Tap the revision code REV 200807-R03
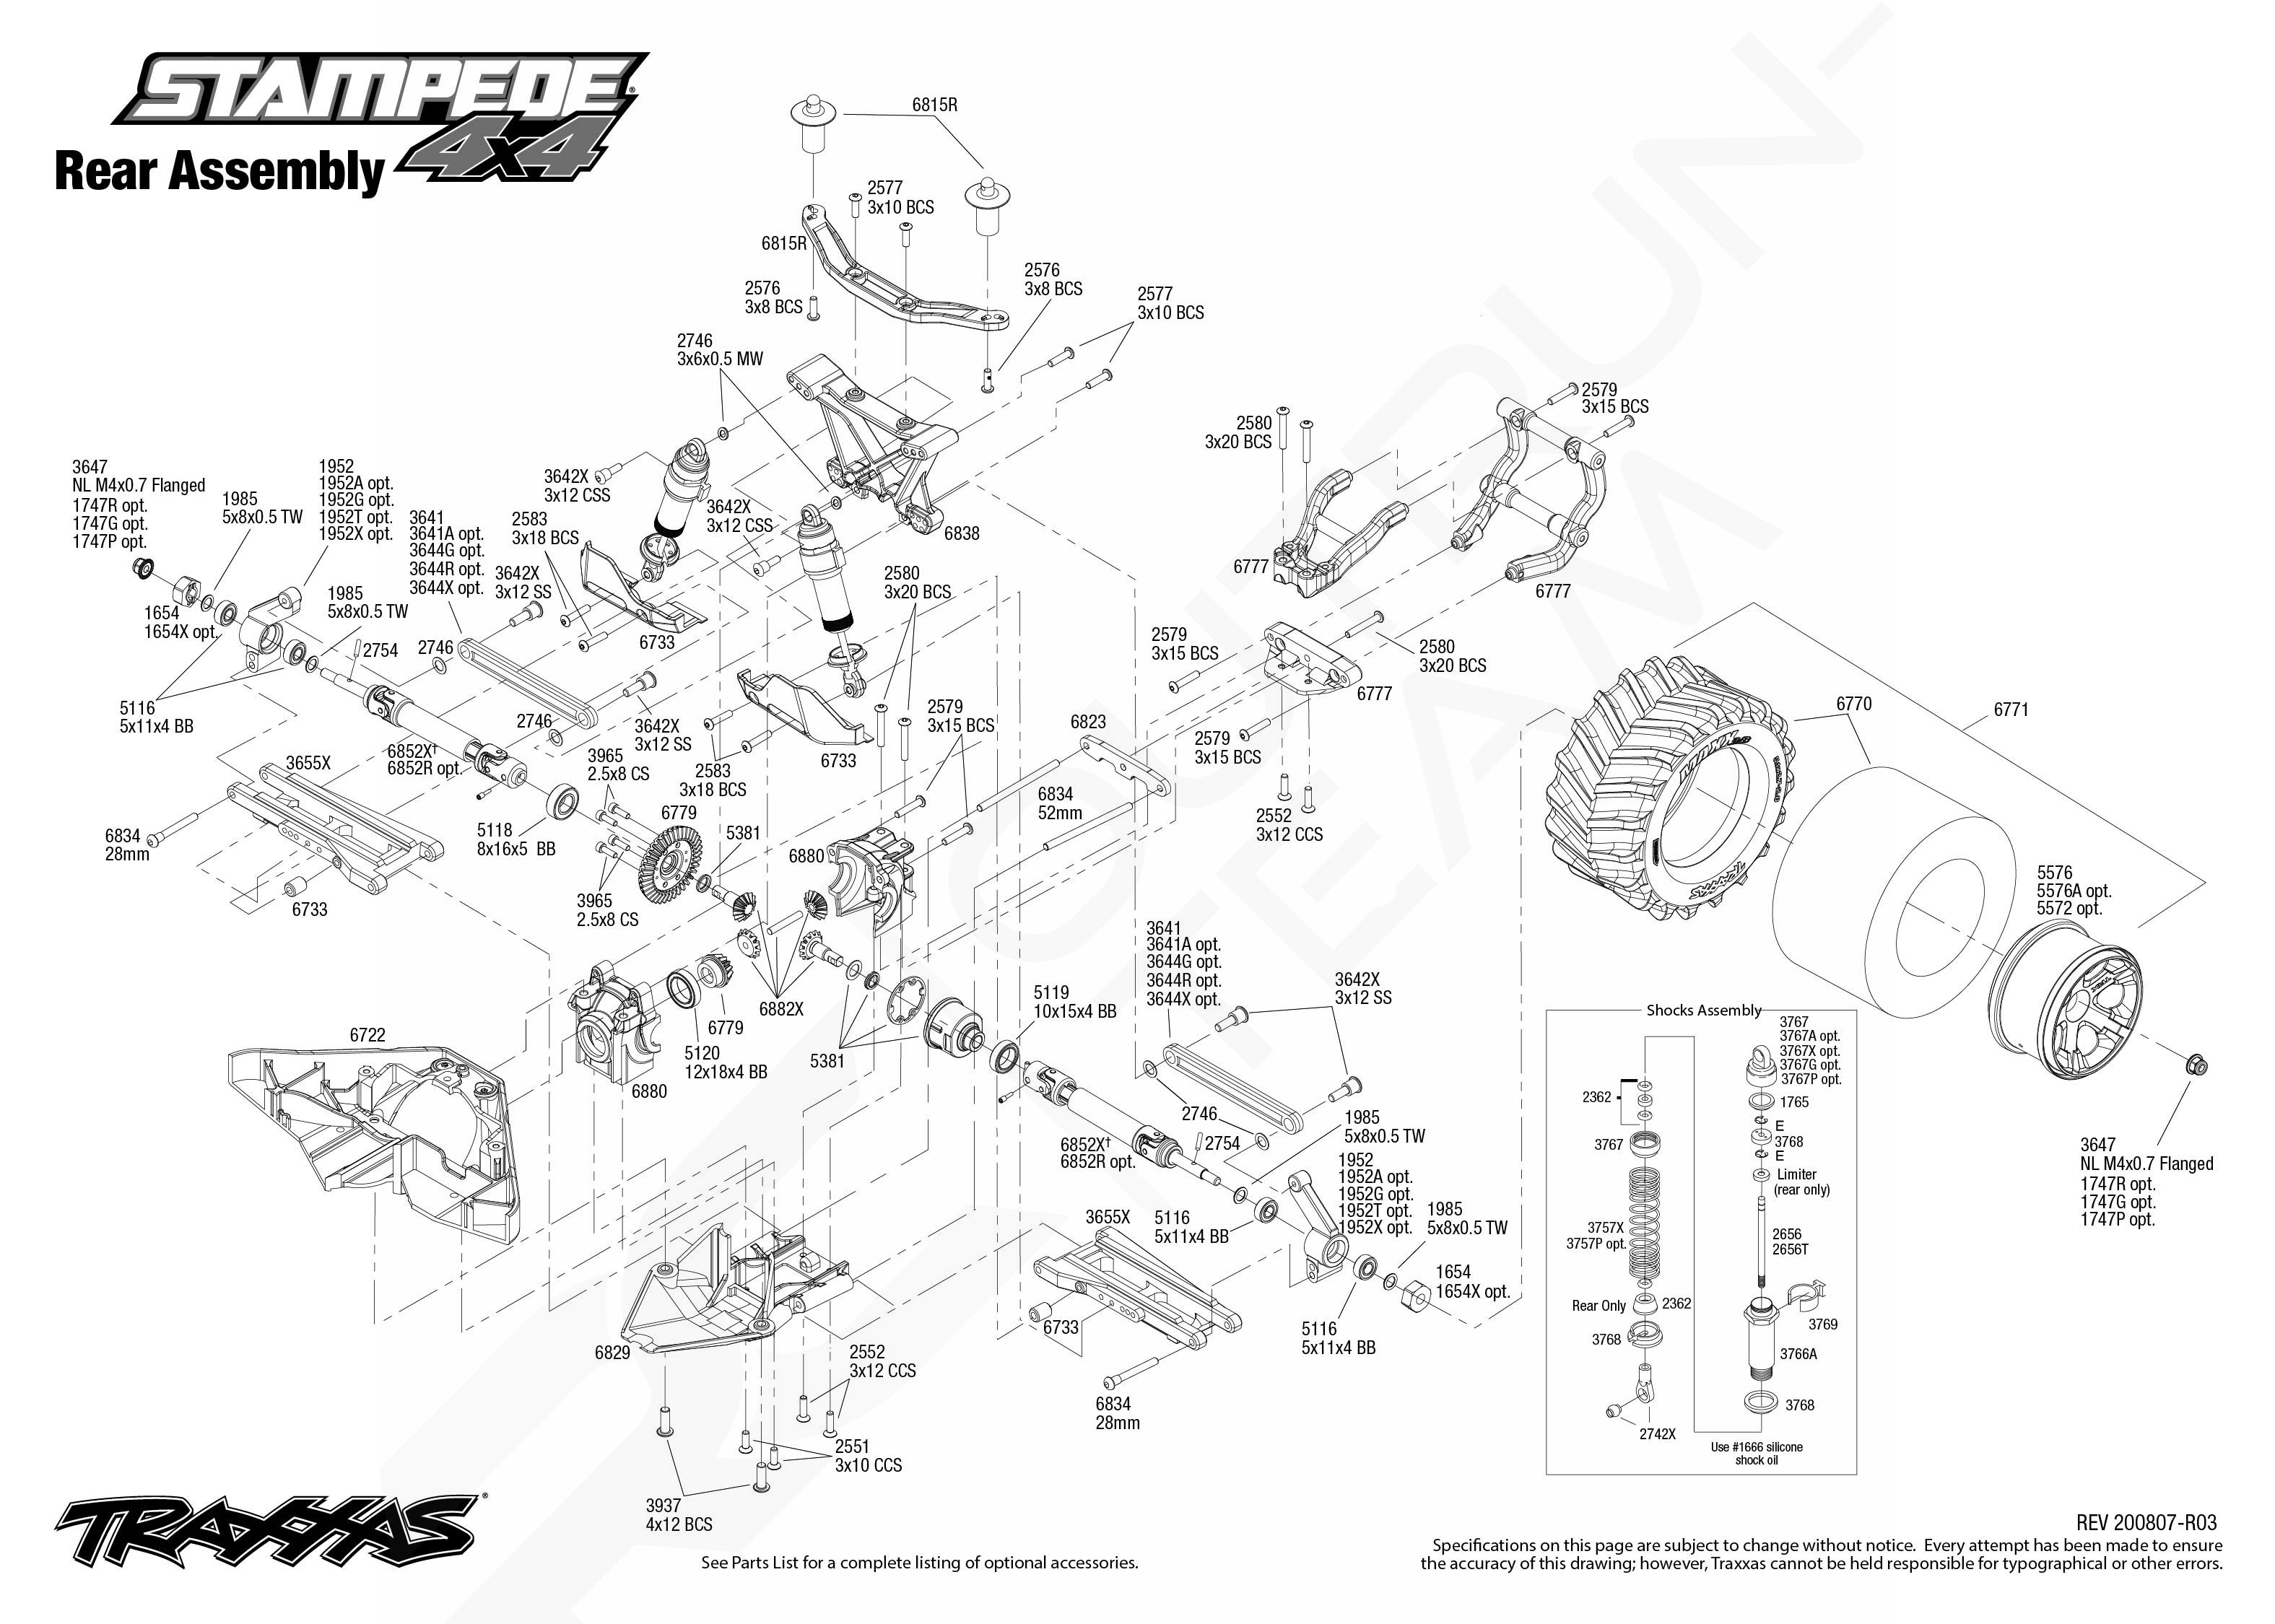tap(2146, 1522)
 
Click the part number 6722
tap(367, 1035)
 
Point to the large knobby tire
tap(1665, 800)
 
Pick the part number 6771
tap(2010, 710)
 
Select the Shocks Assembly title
tap(1704, 1010)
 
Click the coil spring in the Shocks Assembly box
tap(1644, 1225)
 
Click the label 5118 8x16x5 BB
tap(515, 839)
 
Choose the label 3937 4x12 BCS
tap(678, 1515)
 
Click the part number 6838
tap(961, 534)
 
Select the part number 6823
tap(1088, 722)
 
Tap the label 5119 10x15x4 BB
tap(1074, 1002)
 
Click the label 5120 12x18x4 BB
tap(725, 1062)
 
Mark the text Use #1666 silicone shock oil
tap(1756, 1454)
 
